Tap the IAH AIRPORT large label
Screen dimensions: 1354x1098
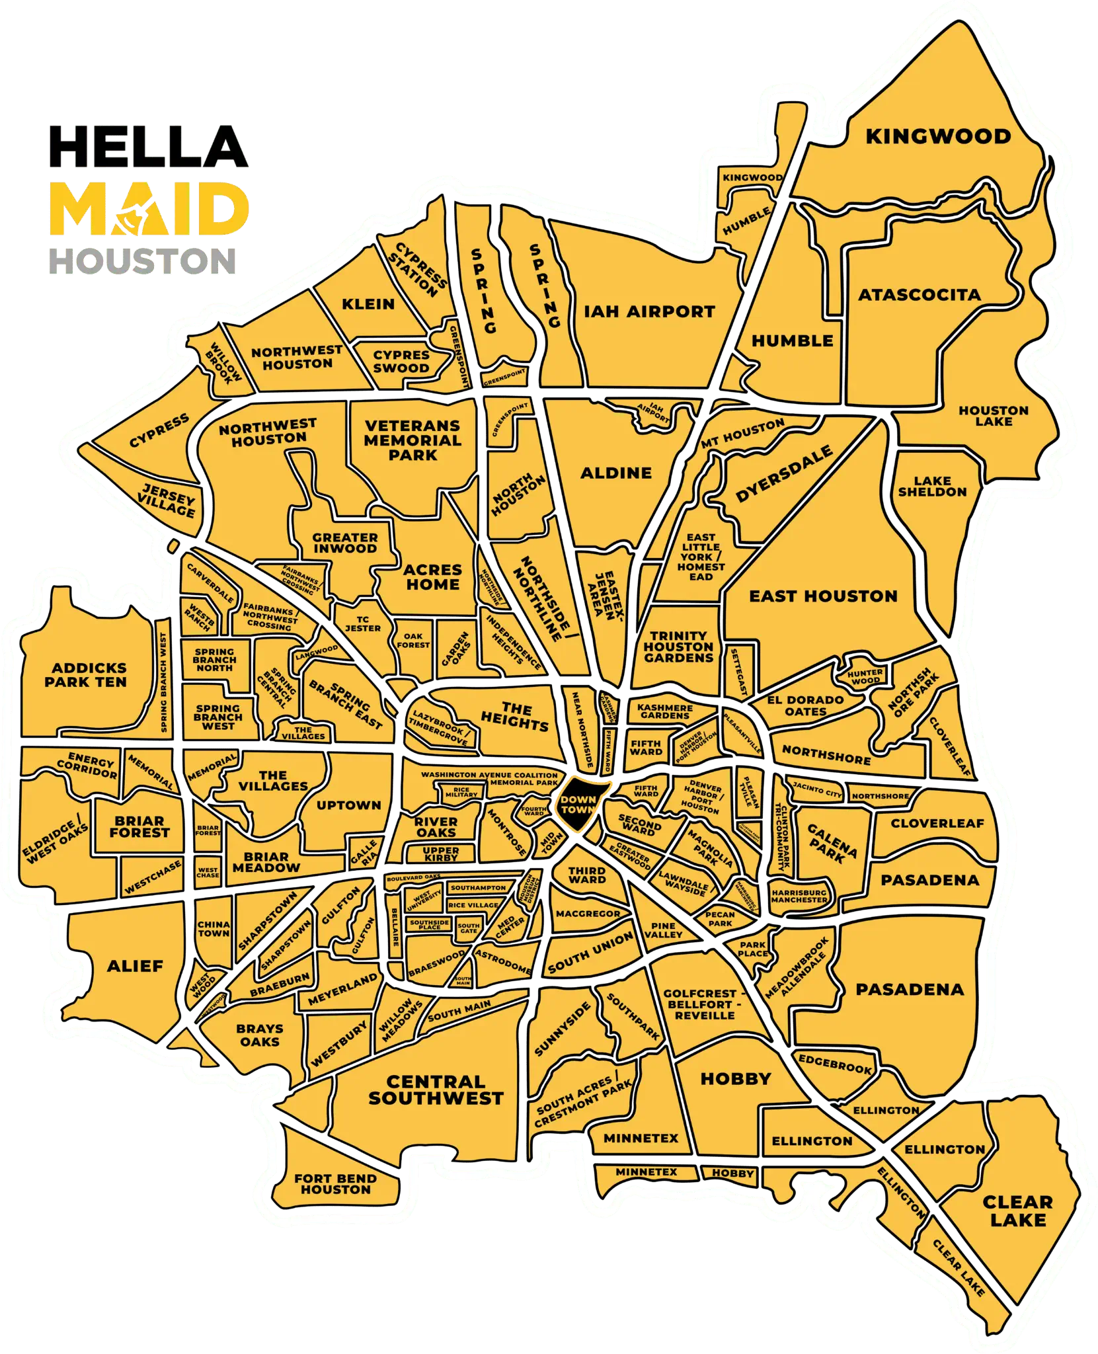pyautogui.click(x=650, y=311)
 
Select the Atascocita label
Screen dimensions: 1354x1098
pyautogui.click(x=919, y=295)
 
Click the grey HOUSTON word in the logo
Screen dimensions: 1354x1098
pyautogui.click(x=143, y=260)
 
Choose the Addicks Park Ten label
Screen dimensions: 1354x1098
pyautogui.click(x=85, y=675)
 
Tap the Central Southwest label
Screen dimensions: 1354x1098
pyautogui.click(x=436, y=1090)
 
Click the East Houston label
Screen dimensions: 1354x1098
pyautogui.click(x=823, y=596)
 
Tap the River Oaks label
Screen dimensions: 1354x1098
pyautogui.click(x=436, y=826)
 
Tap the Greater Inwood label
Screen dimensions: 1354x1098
pyautogui.click(x=345, y=543)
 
